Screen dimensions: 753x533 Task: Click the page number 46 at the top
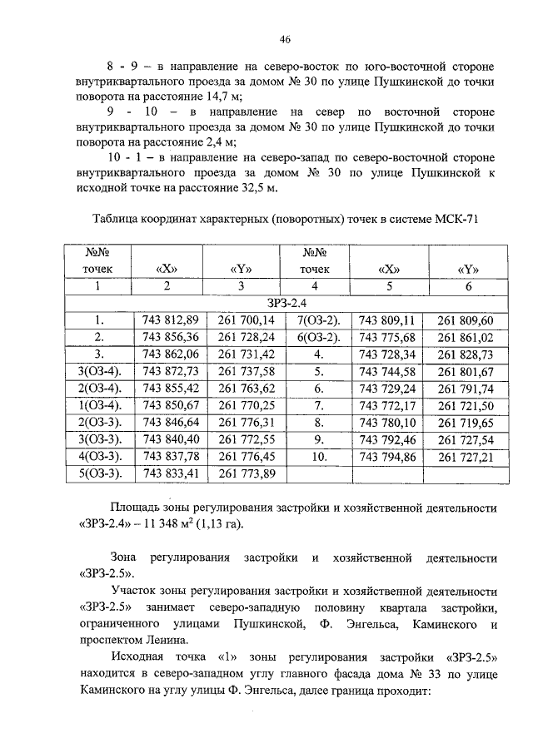(x=285, y=39)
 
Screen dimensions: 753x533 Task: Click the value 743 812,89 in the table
(x=171, y=320)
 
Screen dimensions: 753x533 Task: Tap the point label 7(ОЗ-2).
(x=317, y=320)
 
